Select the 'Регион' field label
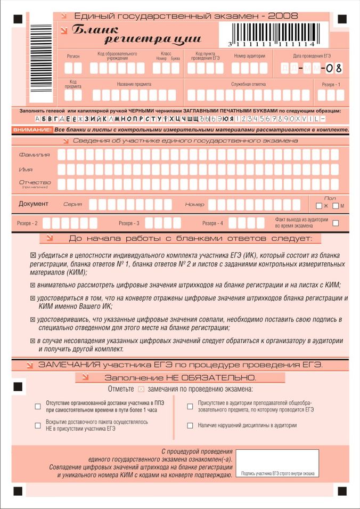pos(73,56)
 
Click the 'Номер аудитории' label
pos(249,56)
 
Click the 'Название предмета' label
pos(134,84)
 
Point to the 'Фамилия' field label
pos(34,155)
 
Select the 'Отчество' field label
pos(35,182)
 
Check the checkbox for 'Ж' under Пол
pos(318,206)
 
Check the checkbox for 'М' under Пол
pos(336,206)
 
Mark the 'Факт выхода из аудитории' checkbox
pos(336,223)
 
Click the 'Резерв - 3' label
pos(129,223)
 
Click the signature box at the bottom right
pos(277,464)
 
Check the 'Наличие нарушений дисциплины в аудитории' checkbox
pos(190,425)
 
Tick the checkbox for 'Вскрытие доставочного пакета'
pos(38,425)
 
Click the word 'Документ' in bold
pos(34,204)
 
